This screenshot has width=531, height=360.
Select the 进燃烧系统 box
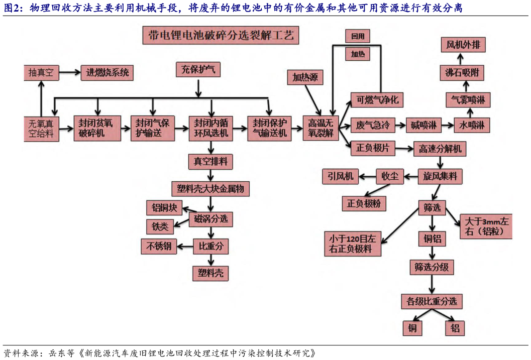107,73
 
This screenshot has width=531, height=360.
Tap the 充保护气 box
197,70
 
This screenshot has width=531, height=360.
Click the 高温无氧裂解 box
321,128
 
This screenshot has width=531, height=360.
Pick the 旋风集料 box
440,176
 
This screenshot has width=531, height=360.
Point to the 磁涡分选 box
211,219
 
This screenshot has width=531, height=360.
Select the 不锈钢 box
159,246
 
